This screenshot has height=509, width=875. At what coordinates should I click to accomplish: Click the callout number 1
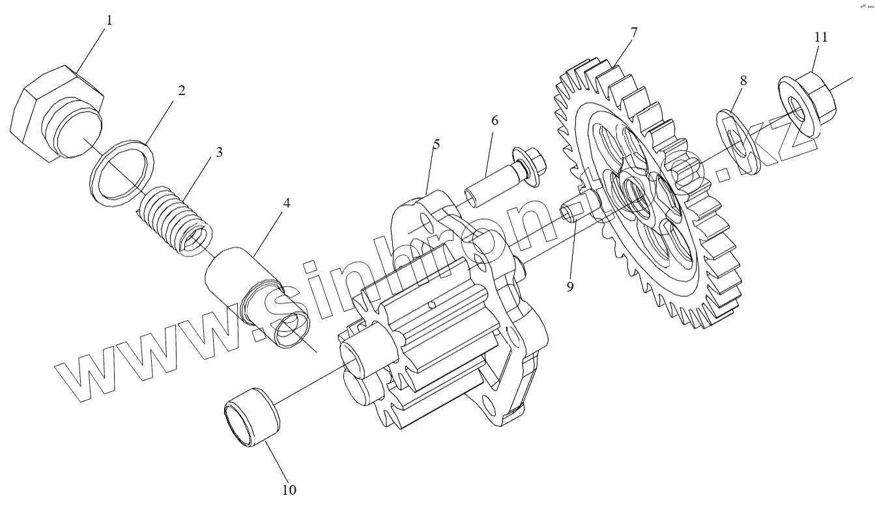109,20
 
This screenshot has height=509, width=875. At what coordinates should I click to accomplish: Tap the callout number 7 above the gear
634,32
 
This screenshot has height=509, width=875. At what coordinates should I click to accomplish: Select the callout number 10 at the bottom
289,489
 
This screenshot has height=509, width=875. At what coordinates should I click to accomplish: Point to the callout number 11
821,37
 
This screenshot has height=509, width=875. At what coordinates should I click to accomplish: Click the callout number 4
287,202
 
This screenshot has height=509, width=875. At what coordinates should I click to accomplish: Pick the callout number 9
570,286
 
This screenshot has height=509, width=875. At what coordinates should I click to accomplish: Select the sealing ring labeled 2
121,171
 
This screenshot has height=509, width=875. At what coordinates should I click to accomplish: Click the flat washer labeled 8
738,143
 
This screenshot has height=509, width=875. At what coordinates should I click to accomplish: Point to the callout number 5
437,144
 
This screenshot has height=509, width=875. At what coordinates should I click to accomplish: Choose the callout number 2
182,90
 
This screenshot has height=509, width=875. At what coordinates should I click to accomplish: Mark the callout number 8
743,81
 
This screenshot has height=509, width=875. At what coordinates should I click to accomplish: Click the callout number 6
495,120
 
